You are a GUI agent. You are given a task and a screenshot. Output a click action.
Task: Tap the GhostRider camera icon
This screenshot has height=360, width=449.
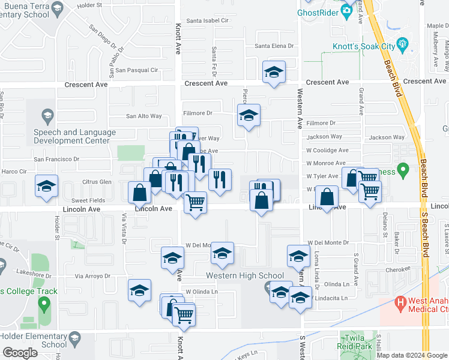(346, 11)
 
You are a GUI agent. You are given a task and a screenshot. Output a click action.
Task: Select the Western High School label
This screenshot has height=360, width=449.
(245, 276)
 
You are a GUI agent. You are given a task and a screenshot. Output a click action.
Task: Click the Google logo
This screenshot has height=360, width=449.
(20, 353)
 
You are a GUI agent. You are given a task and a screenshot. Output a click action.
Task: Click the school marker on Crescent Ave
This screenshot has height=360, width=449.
(274, 73)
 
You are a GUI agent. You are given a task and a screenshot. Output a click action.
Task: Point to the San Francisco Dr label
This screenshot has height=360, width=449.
(56, 160)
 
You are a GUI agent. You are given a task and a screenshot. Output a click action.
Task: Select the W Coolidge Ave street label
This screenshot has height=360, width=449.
(327, 151)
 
